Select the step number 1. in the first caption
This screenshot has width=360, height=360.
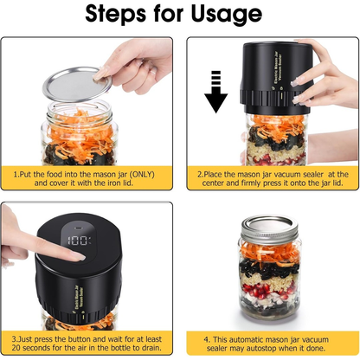point(16,174)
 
